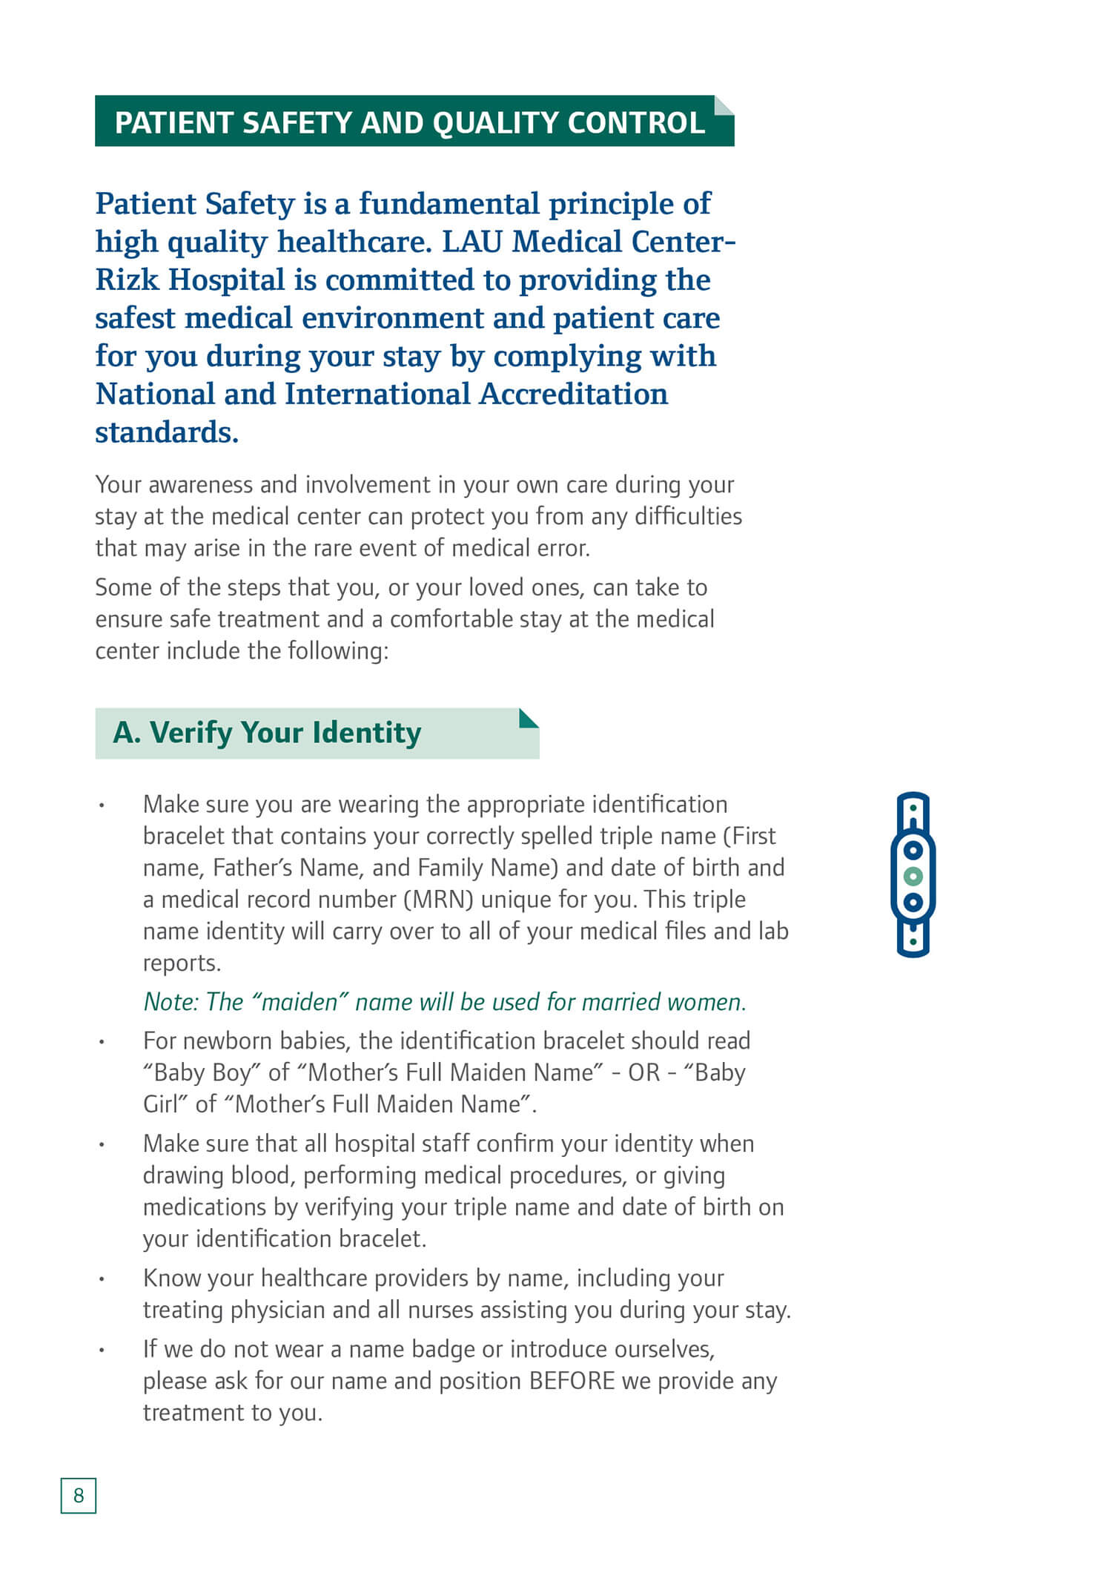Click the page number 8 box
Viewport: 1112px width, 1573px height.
point(79,1495)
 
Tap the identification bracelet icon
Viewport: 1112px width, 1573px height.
point(913,875)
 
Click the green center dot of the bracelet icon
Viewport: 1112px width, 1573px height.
point(913,876)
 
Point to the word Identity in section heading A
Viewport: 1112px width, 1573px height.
point(366,733)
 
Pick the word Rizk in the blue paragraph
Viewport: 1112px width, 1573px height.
point(127,280)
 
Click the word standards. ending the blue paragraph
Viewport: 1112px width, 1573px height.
point(167,432)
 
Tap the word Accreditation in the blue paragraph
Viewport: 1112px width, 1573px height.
point(573,394)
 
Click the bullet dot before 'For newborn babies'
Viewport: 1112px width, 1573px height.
point(102,1042)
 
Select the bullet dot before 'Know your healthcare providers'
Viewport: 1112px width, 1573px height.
point(102,1279)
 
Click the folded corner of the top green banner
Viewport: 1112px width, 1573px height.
point(723,105)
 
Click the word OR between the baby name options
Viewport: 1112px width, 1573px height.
point(643,1073)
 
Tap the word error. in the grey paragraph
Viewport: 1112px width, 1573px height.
point(557,548)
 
